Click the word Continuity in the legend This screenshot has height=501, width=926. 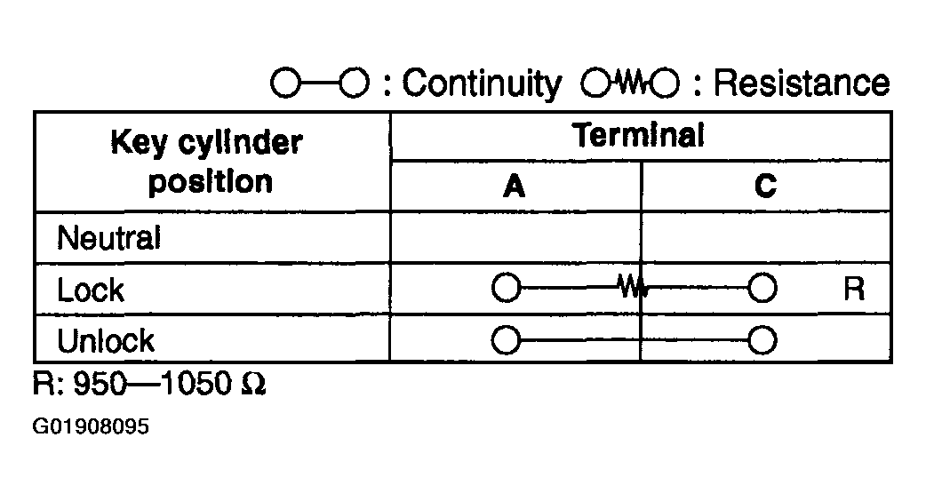(x=482, y=83)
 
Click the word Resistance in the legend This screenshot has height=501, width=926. (x=802, y=82)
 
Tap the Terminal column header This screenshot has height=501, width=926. (x=638, y=135)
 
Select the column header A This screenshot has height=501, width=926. (x=515, y=187)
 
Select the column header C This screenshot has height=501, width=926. (x=765, y=187)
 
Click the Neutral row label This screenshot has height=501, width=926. (x=108, y=238)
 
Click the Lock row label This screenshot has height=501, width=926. (x=91, y=290)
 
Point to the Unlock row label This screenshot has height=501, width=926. (x=106, y=340)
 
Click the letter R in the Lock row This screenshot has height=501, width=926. (x=854, y=289)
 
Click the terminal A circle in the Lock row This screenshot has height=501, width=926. (x=507, y=288)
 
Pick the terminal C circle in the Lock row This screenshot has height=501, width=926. (x=762, y=288)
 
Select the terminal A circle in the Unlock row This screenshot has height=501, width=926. (x=507, y=340)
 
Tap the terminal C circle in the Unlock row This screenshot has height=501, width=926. (x=762, y=340)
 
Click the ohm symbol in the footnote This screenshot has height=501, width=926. (x=254, y=384)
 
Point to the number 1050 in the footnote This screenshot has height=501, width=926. (x=196, y=384)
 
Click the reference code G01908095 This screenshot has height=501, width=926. (x=91, y=426)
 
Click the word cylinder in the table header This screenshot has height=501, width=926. (x=240, y=143)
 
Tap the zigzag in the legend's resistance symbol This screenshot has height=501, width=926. (x=630, y=83)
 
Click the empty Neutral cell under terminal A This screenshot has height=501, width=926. (x=515, y=237)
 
